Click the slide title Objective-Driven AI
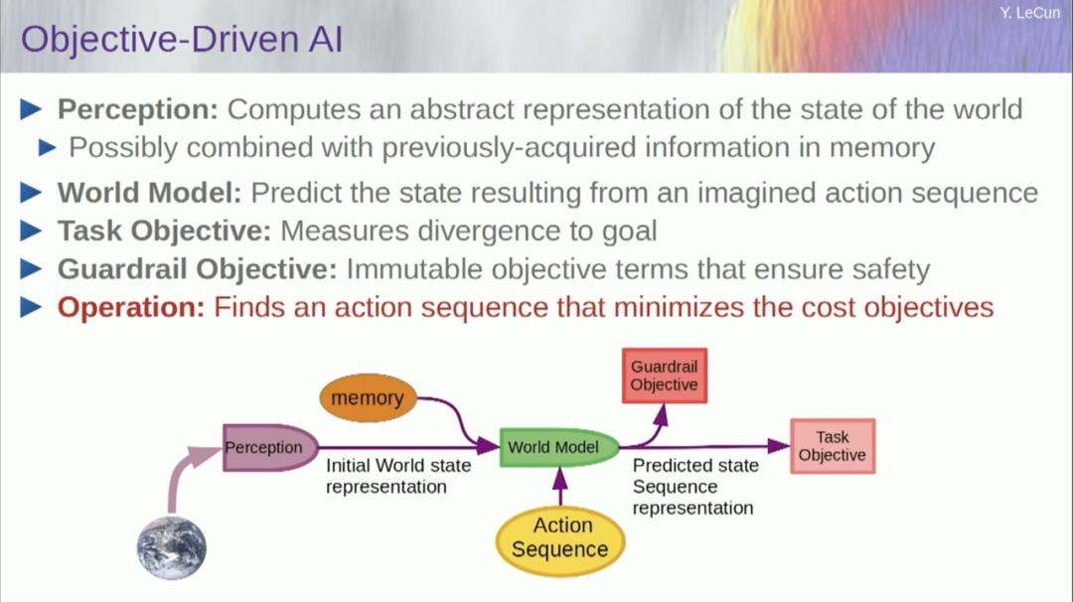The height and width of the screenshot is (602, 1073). tap(182, 40)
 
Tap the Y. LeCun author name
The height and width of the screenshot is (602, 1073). tap(1030, 13)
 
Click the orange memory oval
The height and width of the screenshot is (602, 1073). tap(367, 398)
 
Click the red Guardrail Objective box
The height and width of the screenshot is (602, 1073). tap(664, 376)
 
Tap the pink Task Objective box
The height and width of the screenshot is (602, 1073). tap(832, 446)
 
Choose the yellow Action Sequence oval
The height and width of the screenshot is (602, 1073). tap(559, 538)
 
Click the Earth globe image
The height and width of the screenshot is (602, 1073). tap(172, 547)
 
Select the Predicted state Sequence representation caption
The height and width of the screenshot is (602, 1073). tap(694, 487)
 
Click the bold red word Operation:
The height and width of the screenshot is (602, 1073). tap(130, 307)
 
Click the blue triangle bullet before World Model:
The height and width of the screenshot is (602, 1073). tap(32, 191)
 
